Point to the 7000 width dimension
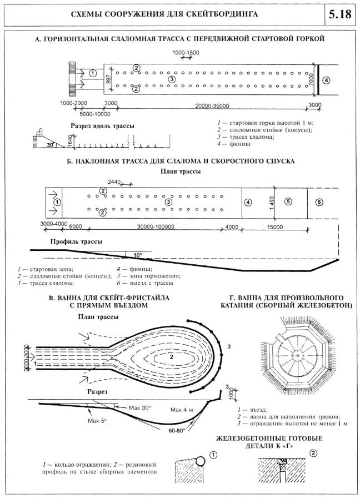(x=314, y=79)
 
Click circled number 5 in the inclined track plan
(x=288, y=201)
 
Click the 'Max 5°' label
(x=98, y=420)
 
